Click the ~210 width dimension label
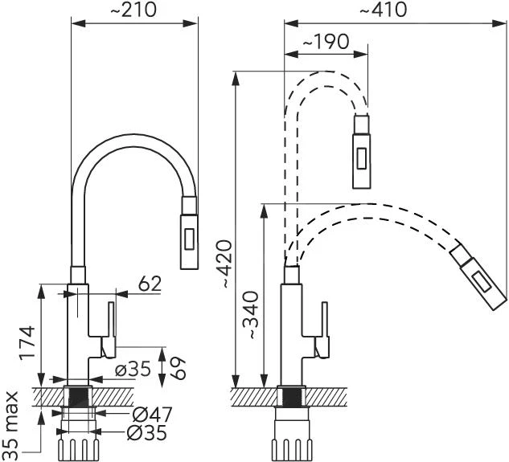(x=133, y=10)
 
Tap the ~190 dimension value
(x=326, y=43)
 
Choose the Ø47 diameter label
(x=151, y=415)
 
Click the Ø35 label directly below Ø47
(x=150, y=434)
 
